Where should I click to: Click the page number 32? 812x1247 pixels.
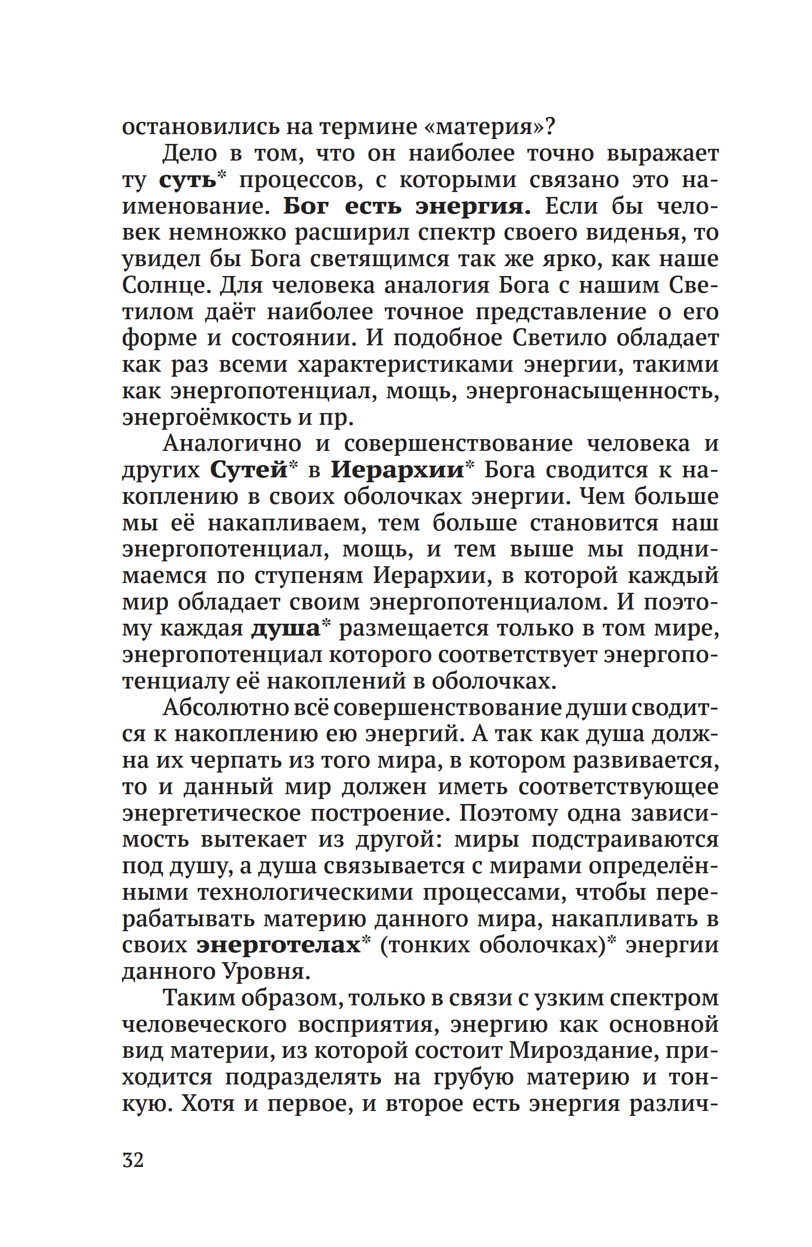133,1160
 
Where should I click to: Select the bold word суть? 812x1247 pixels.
188,180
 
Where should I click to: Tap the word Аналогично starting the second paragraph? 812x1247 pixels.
232,444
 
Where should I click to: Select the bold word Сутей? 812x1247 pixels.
249,470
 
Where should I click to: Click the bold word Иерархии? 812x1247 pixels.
397,470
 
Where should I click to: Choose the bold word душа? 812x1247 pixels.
286,628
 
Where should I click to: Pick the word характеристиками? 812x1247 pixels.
406,364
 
